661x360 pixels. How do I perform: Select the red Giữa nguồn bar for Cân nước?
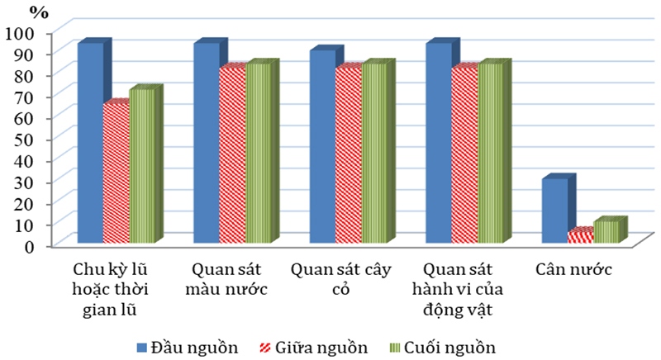580,237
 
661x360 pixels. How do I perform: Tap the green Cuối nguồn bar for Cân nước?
606,232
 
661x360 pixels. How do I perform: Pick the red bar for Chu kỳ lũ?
116,173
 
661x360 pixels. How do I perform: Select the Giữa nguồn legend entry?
313,345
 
